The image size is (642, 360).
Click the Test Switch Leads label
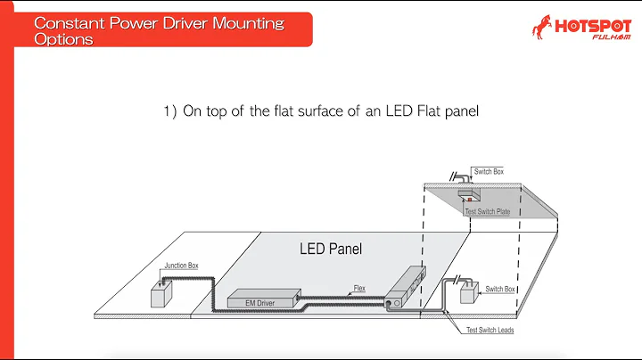[491, 331]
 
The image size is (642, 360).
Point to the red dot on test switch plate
[464, 200]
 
